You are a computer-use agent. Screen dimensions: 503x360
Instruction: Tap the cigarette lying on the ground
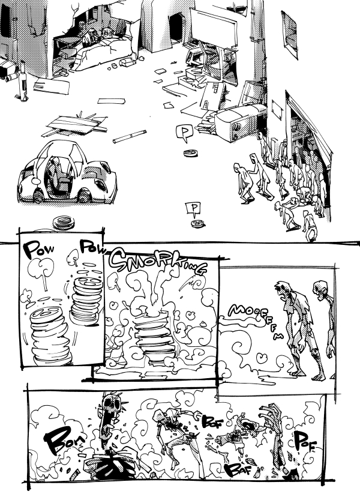click(x=129, y=137)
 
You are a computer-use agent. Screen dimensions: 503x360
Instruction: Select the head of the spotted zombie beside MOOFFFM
click(x=284, y=289)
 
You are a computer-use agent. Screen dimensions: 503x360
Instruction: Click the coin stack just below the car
click(x=63, y=223)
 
